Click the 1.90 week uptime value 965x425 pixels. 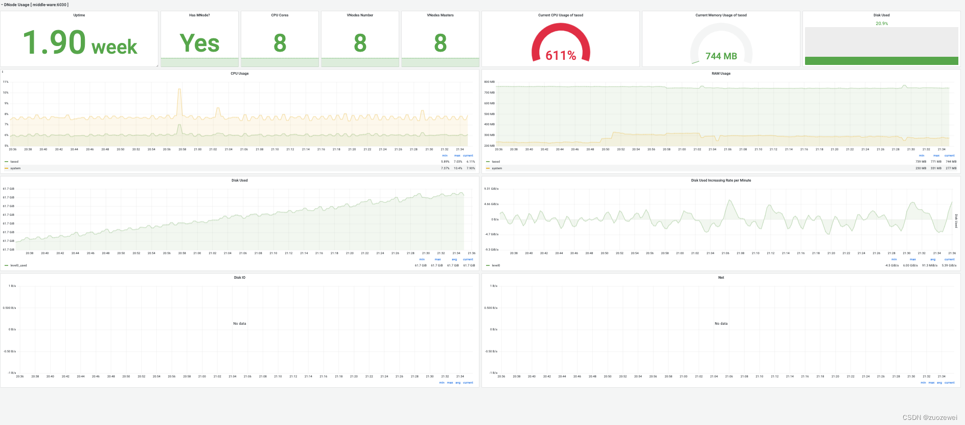(x=80, y=43)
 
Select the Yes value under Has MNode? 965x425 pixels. (x=199, y=43)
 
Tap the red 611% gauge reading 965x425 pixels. (x=561, y=55)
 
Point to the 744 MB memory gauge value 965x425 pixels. (x=721, y=56)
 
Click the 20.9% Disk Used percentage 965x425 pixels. (x=882, y=24)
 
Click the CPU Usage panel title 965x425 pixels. (x=239, y=74)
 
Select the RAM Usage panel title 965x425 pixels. (x=721, y=74)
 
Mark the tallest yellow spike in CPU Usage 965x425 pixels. (x=179, y=90)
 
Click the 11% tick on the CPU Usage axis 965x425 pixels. (x=6, y=82)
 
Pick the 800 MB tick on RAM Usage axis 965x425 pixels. (x=489, y=82)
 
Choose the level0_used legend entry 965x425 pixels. (x=18, y=265)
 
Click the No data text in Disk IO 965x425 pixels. (x=239, y=324)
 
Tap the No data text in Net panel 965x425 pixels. (x=721, y=324)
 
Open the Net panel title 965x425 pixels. (x=721, y=278)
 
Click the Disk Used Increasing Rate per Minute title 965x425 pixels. (x=721, y=181)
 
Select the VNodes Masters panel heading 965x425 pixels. (x=440, y=15)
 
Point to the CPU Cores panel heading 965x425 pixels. (x=280, y=15)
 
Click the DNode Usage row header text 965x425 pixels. (x=36, y=5)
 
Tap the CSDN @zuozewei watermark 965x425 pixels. (x=930, y=417)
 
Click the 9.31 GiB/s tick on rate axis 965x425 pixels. (x=491, y=189)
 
